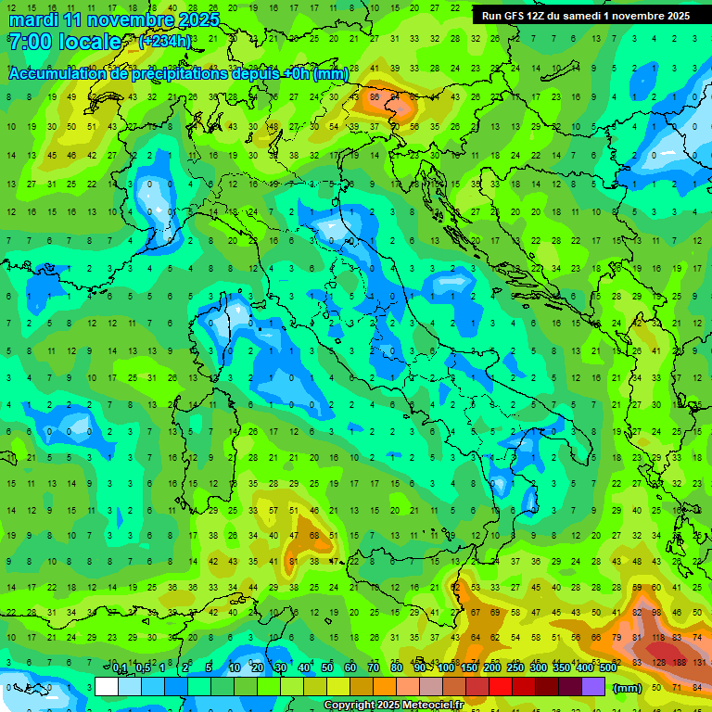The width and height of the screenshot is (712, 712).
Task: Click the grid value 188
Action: [x=679, y=662]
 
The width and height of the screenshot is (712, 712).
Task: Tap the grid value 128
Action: [x=659, y=662]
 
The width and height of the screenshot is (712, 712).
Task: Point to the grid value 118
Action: [x=659, y=638]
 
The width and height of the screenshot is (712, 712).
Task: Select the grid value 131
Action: [x=699, y=662]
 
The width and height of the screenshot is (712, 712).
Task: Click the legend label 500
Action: [x=607, y=668]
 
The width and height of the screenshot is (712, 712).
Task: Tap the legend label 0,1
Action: [x=120, y=668]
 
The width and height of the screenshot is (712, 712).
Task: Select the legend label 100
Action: [x=446, y=668]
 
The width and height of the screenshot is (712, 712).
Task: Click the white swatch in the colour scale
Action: [x=107, y=686]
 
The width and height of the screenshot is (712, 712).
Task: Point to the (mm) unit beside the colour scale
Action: [x=628, y=687]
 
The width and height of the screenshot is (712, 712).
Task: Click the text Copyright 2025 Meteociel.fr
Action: [x=393, y=705]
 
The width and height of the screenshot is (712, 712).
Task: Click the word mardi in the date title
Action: [x=32, y=19]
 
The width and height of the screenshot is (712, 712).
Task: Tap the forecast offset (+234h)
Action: [x=165, y=42]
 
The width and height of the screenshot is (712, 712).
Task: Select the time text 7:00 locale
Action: [x=65, y=42]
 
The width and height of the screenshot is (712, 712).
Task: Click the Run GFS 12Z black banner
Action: [x=585, y=16]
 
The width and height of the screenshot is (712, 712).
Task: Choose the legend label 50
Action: [x=327, y=668]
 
